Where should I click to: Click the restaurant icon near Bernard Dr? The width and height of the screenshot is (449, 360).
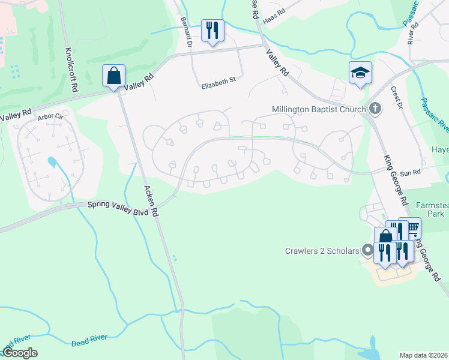(212, 31)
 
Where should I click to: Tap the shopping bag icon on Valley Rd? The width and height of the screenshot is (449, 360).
(113, 76)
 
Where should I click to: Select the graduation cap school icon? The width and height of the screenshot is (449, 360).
(360, 73)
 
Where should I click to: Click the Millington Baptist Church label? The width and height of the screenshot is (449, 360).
(318, 109)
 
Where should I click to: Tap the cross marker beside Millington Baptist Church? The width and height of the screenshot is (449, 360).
(375, 109)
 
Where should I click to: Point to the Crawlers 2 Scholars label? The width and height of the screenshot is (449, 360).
(322, 250)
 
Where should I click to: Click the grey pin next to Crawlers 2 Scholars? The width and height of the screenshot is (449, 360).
(367, 251)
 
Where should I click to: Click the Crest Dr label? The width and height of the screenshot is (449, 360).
(397, 97)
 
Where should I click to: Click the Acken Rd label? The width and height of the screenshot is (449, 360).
(150, 200)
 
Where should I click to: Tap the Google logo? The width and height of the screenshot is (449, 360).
(20, 353)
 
